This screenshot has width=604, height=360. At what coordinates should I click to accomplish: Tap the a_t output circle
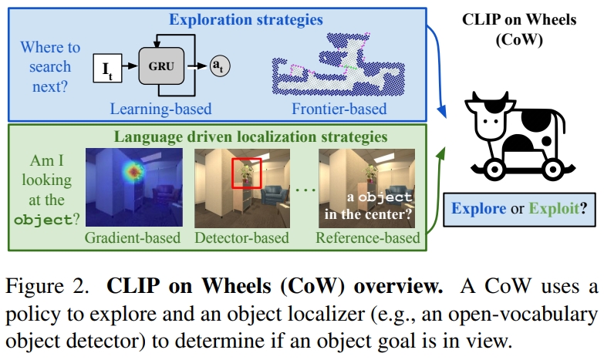220,67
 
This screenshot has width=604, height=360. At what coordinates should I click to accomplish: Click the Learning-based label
160,108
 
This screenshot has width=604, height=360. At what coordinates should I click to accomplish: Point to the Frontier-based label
339,108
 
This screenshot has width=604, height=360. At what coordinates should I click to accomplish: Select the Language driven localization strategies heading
251,137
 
